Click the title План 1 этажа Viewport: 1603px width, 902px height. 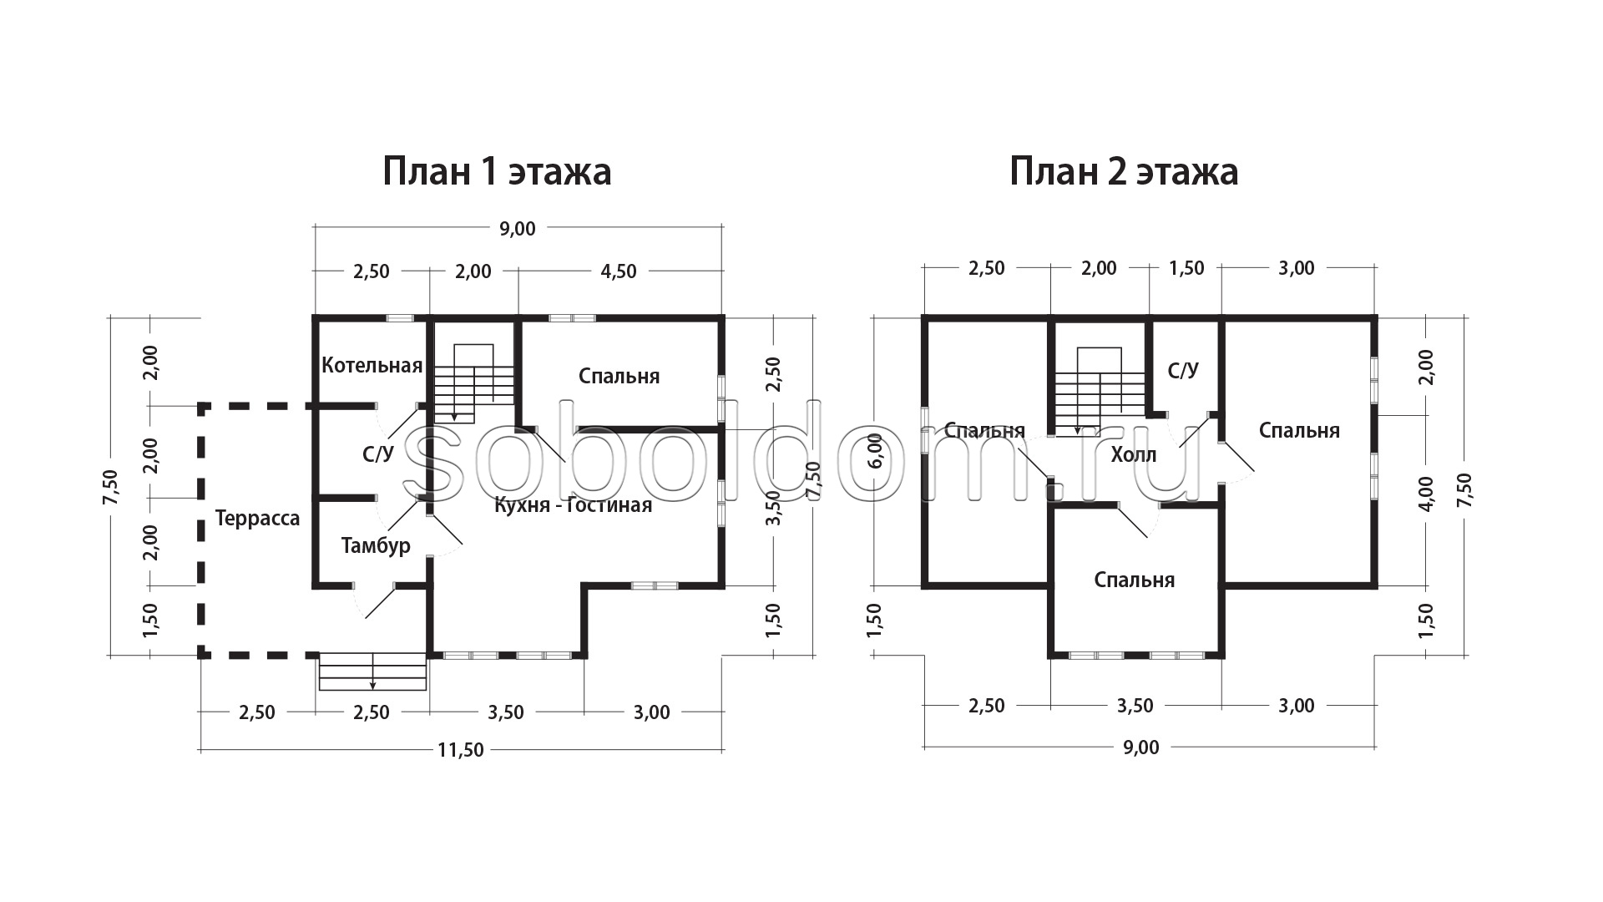(497, 171)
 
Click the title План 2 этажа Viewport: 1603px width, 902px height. (1124, 171)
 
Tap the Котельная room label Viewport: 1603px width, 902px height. (372, 365)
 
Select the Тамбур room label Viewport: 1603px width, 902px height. (376, 545)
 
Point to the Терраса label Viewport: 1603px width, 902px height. (257, 519)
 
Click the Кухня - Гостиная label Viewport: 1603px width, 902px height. (573, 505)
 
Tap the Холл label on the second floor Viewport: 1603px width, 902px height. (1134, 455)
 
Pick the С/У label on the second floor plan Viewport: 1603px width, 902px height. (1183, 370)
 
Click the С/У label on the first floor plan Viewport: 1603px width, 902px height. (377, 454)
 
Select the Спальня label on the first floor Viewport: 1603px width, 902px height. (619, 377)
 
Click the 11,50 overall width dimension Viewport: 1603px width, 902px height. (461, 750)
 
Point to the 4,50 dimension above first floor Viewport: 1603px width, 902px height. (619, 271)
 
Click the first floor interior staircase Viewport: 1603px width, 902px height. (473, 383)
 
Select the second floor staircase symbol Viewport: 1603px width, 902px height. (1098, 392)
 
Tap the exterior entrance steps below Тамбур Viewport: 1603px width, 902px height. (373, 671)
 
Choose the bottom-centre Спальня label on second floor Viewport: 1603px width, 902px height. (1135, 580)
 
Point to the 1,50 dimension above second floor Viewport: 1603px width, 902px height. (1186, 268)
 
